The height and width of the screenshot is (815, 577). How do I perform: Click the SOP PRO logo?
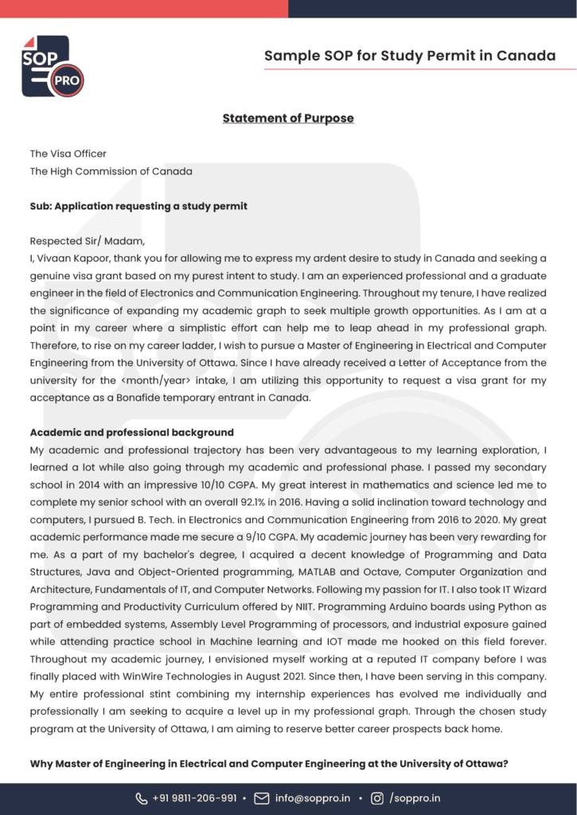(x=52, y=66)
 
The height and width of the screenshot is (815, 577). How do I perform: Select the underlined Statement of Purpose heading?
(x=288, y=119)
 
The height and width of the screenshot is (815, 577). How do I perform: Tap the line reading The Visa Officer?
(x=68, y=154)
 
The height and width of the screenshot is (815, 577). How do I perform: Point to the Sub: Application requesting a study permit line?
(x=138, y=206)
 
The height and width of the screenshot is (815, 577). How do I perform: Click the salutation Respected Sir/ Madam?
(x=88, y=241)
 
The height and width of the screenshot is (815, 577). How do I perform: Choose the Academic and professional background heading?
(x=131, y=433)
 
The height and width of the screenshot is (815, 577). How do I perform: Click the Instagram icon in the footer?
(x=376, y=798)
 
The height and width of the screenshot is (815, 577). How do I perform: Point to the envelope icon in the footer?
(x=261, y=798)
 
